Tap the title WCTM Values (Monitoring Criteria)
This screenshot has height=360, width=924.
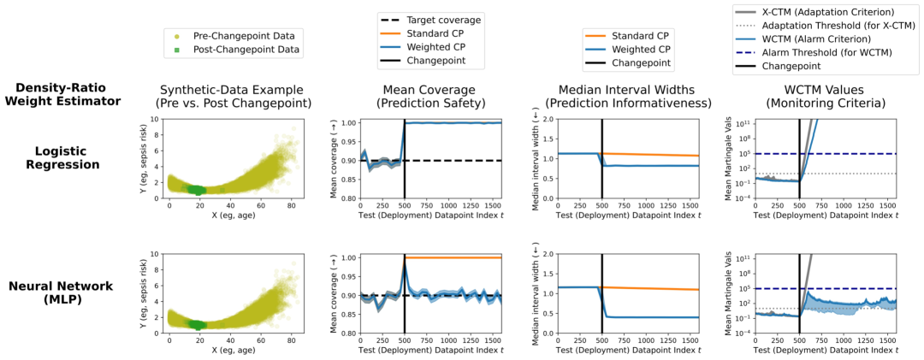(x=826, y=96)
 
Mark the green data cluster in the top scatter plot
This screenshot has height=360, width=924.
(x=198, y=189)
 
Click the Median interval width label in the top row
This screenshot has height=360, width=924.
(x=536, y=160)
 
